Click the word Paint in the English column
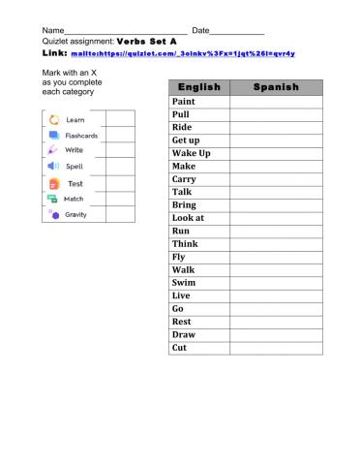click(183, 101)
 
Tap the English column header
click(199, 87)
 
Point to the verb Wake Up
click(191, 153)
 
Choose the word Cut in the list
click(179, 348)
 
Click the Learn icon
click(54, 119)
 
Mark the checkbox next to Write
click(119, 151)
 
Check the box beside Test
click(119, 183)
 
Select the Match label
click(74, 199)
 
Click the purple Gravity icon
click(54, 214)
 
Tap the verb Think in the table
click(184, 244)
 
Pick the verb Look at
click(188, 218)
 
